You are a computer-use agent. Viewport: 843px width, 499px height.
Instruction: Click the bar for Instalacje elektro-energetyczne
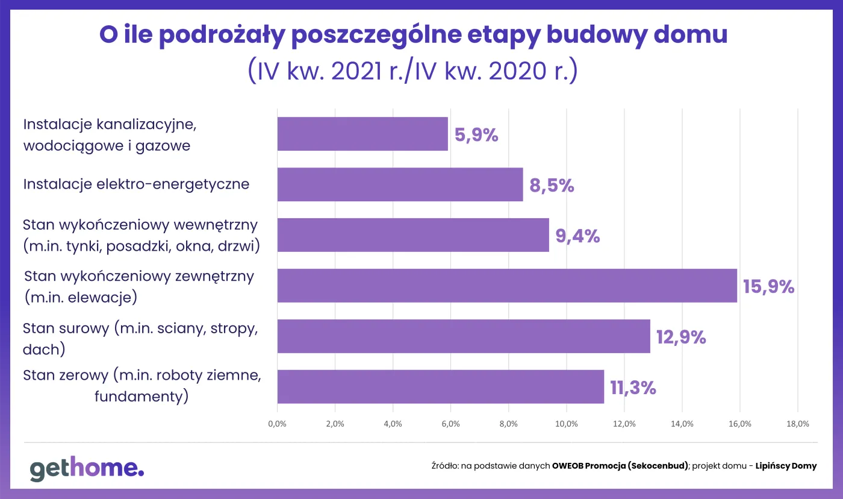tap(400, 184)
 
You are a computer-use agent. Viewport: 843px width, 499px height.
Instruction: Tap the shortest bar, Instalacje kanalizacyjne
tap(362, 134)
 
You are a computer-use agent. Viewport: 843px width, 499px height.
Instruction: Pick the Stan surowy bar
tap(464, 336)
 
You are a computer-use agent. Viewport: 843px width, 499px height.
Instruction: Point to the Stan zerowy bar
tap(440, 387)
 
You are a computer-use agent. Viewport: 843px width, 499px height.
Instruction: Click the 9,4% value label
tap(577, 236)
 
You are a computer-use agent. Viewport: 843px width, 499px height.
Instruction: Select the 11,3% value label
tap(633, 388)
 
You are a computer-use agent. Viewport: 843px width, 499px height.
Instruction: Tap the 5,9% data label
tap(476, 135)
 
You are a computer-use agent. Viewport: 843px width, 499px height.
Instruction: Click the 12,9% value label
tap(681, 337)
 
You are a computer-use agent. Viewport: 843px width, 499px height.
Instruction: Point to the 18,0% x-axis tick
tap(798, 424)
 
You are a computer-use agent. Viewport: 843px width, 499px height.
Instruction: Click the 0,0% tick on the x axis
tap(277, 424)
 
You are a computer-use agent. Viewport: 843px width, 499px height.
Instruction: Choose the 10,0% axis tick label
tap(567, 424)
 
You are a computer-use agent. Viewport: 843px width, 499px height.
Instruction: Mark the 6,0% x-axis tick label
tap(450, 424)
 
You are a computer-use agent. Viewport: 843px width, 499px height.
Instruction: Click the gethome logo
tap(87, 469)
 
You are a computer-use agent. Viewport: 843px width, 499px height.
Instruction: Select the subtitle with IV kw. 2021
tap(413, 71)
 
